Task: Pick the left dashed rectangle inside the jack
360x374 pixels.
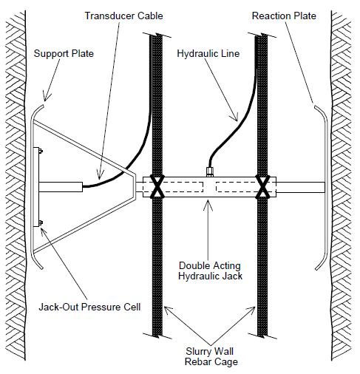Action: (x=181, y=186)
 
